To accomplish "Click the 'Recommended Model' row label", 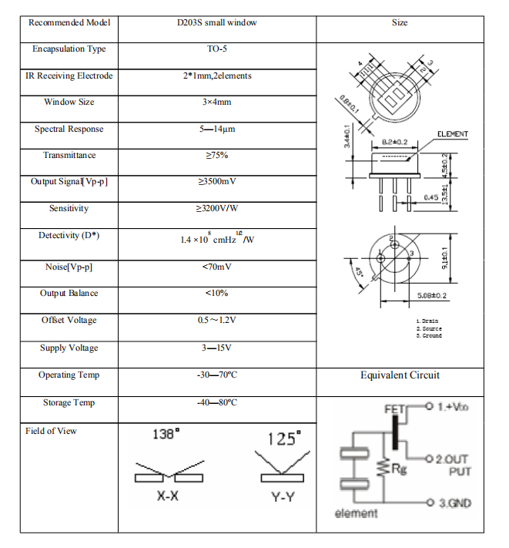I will pyautogui.click(x=69, y=22).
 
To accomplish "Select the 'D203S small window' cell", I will pyautogui.click(x=217, y=22).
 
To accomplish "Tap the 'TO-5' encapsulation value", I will pyautogui.click(x=217, y=49).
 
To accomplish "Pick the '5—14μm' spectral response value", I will pyautogui.click(x=217, y=129).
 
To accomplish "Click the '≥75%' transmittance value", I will pyautogui.click(x=217, y=156).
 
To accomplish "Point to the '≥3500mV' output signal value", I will pyautogui.click(x=217, y=182).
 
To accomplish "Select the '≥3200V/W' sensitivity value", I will pyautogui.click(x=217, y=208).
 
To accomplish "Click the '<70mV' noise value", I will pyautogui.click(x=217, y=267).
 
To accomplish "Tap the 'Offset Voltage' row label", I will pyautogui.click(x=69, y=320).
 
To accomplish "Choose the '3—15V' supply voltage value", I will pyautogui.click(x=217, y=348).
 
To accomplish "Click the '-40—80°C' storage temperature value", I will pyautogui.click(x=217, y=402).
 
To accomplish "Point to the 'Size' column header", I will pyautogui.click(x=400, y=22).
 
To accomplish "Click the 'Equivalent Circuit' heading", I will pyautogui.click(x=400, y=375).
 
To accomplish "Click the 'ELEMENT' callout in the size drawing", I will pyautogui.click(x=453, y=134).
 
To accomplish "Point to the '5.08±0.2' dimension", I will pyautogui.click(x=431, y=295).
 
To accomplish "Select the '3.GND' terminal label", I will pyautogui.click(x=454, y=503).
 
